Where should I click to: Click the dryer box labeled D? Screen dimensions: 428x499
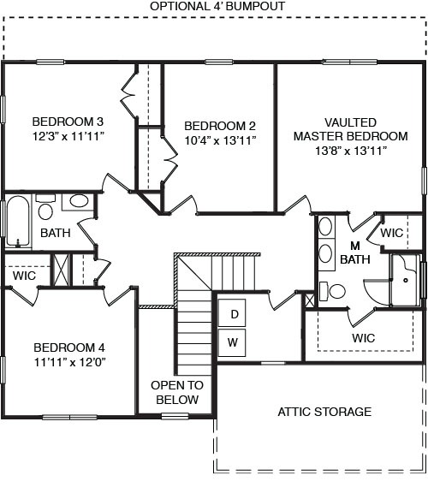(x=232, y=312)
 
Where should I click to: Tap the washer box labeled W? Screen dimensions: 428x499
(x=232, y=342)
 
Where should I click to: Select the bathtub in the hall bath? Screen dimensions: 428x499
(x=18, y=222)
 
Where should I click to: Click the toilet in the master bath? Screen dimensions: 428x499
(x=332, y=291)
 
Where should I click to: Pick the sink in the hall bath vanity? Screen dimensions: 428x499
(x=79, y=201)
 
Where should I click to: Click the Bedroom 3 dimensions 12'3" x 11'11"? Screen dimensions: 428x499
(x=68, y=137)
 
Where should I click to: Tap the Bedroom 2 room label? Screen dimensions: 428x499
(x=220, y=126)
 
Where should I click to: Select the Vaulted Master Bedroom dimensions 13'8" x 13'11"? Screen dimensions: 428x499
(x=351, y=150)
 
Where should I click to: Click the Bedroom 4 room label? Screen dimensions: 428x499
(x=69, y=348)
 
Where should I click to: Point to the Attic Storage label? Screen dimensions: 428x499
(x=324, y=412)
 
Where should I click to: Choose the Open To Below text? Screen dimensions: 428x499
(x=177, y=392)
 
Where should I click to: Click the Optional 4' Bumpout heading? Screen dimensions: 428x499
(x=217, y=6)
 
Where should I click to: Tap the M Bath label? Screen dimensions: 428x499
(x=355, y=252)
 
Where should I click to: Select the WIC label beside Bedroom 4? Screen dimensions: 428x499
(x=24, y=276)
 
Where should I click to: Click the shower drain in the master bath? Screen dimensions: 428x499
(x=406, y=281)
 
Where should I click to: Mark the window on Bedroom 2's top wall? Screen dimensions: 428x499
(x=219, y=62)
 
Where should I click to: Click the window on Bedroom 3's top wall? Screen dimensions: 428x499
(x=51, y=62)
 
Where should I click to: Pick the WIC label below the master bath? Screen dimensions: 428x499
(x=364, y=337)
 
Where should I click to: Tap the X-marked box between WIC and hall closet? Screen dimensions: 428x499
(x=62, y=270)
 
